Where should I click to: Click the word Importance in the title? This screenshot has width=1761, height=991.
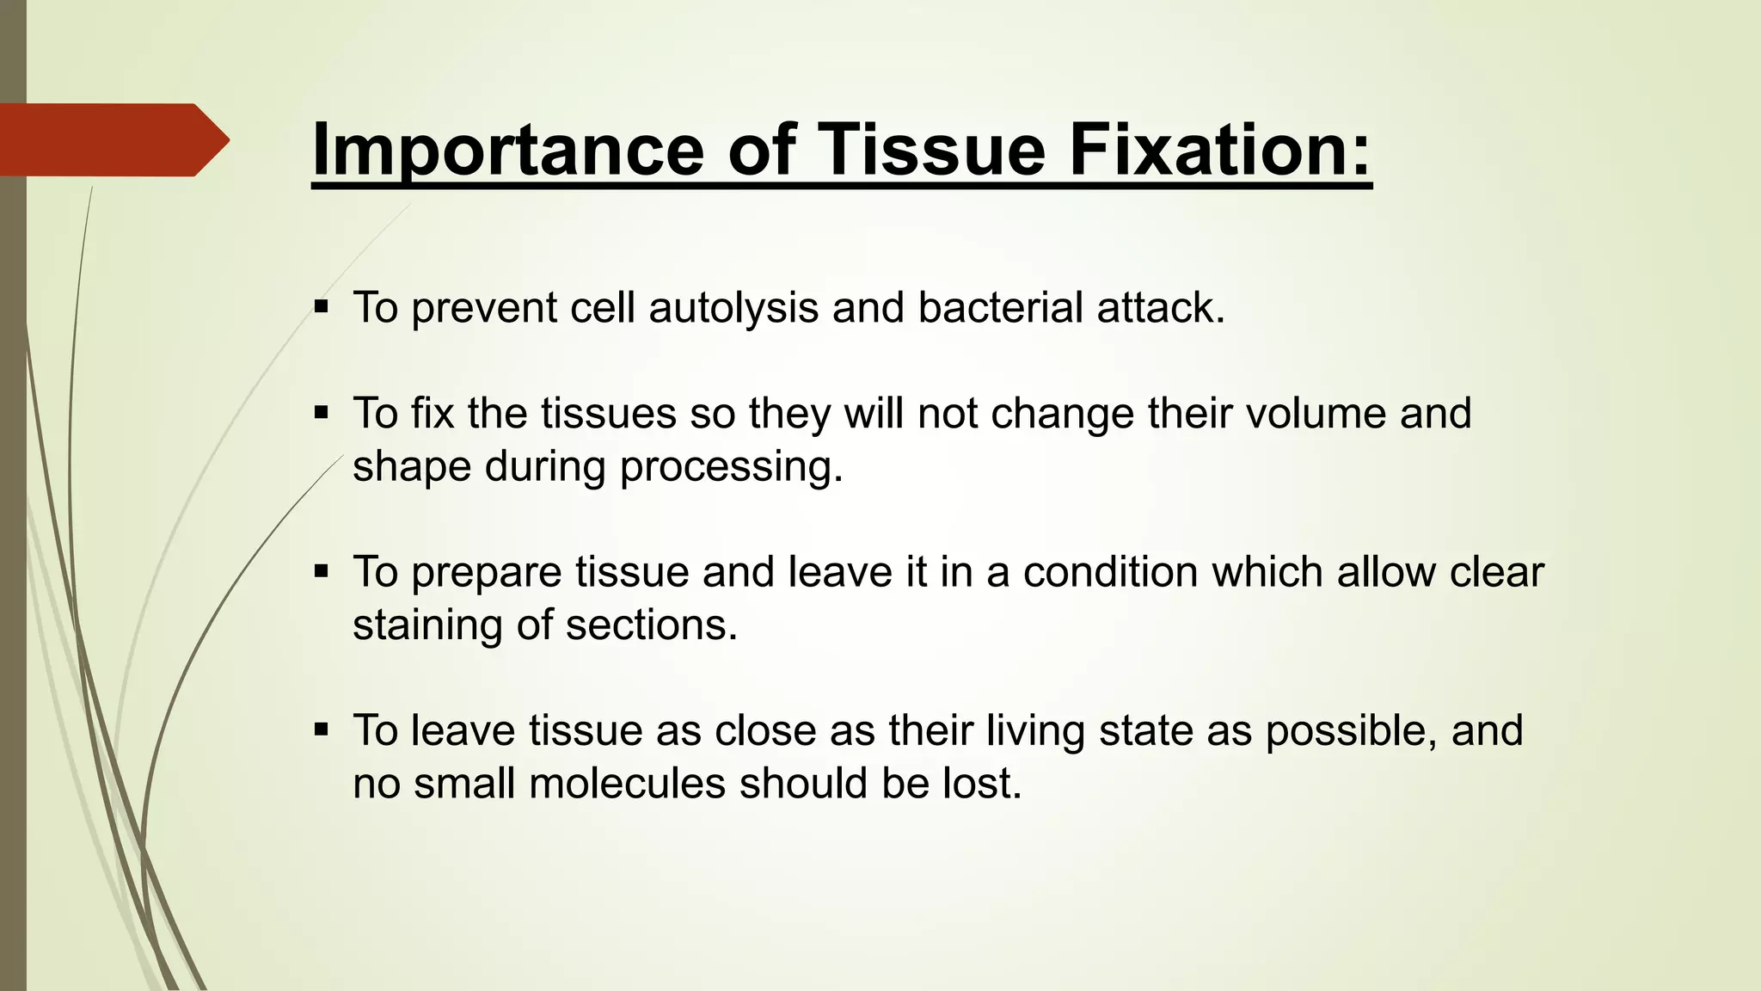507,150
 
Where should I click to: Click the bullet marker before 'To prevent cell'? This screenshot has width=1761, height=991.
322,306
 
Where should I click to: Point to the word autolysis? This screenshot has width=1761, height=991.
733,308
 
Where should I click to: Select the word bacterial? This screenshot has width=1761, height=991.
1000,308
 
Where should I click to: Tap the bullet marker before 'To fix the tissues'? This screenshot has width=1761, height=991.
322,413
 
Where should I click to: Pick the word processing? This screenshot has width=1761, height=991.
731,468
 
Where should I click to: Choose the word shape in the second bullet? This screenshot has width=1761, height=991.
412,468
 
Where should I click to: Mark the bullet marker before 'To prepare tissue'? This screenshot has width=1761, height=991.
322,571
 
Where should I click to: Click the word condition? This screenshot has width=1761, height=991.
1110,572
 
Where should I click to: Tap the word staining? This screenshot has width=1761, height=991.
426,625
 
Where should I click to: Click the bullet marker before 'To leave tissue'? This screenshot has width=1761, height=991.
322,730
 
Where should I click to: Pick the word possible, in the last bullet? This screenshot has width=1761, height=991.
1351,731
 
